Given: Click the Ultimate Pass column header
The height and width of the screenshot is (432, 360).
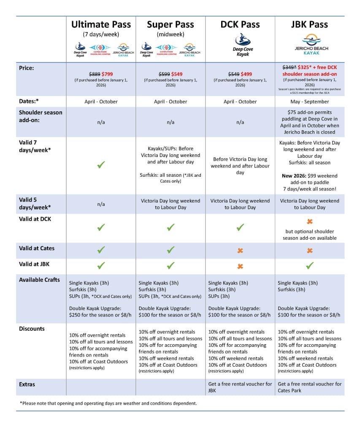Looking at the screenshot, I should [x=101, y=24].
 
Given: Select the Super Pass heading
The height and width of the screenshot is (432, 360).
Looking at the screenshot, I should [x=171, y=24].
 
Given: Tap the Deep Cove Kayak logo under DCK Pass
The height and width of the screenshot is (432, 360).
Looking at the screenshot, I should [x=240, y=46].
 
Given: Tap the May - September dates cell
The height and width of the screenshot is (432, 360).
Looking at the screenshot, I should [x=310, y=102].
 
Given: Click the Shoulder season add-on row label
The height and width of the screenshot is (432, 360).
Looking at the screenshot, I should [x=41, y=116].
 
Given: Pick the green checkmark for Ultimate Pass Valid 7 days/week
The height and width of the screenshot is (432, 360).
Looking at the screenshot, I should [x=101, y=165].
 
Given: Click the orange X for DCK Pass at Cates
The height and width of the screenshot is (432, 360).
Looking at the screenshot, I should [x=240, y=251].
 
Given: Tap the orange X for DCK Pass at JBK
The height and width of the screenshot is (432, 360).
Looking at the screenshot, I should [x=240, y=266].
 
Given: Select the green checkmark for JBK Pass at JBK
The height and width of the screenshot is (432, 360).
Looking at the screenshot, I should [x=310, y=266].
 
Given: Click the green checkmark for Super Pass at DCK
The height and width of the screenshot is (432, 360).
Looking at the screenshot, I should [x=171, y=228].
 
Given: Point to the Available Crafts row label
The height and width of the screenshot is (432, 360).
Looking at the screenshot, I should [x=39, y=280].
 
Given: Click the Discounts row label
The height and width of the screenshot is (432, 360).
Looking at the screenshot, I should [x=32, y=329].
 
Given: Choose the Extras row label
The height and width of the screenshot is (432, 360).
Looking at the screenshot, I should [x=27, y=384].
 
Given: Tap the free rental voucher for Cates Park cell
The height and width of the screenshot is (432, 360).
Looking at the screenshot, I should [x=310, y=387].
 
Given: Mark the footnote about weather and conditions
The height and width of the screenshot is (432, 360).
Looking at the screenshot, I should [x=108, y=403].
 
